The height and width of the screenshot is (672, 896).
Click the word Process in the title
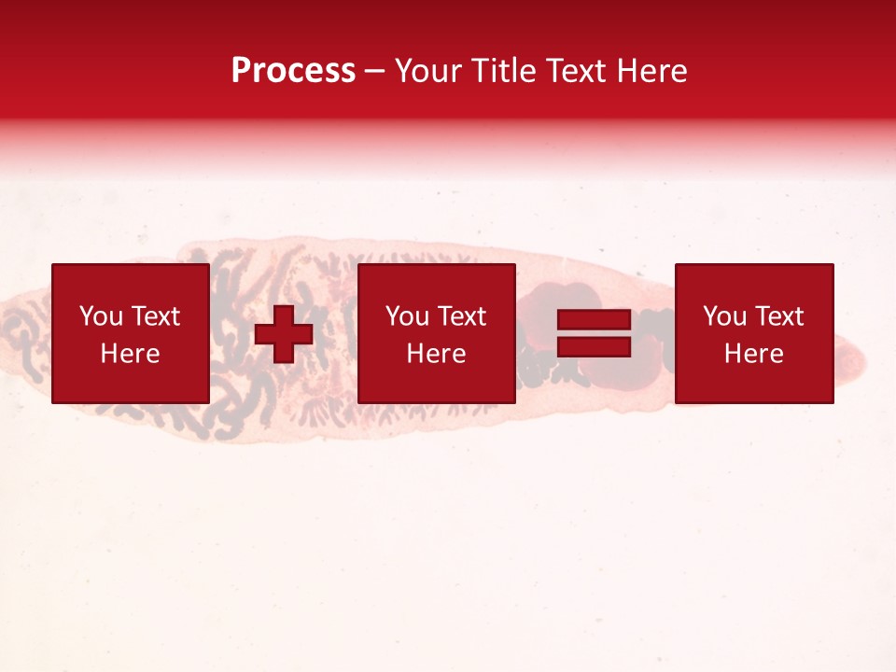coord(293,71)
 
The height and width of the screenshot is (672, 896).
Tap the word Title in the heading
coord(501,71)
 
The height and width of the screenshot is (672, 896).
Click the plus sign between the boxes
coord(284,334)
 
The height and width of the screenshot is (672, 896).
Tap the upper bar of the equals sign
coord(595,321)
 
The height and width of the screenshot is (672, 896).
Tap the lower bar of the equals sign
coord(595,347)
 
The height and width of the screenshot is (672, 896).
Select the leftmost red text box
coord(130,333)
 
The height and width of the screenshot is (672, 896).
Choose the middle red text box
coord(436,333)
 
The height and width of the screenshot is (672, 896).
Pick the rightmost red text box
coord(753,333)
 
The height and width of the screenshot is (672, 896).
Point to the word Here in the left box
coord(130,354)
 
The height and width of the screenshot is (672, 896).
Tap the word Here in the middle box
coord(436,354)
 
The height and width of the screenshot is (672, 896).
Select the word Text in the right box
coord(779,316)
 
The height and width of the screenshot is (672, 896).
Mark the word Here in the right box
coord(753,354)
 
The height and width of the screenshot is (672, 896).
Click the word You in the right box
coord(724,316)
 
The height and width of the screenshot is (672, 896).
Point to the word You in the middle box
coord(407,316)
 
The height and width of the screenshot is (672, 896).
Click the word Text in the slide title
coord(575,71)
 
